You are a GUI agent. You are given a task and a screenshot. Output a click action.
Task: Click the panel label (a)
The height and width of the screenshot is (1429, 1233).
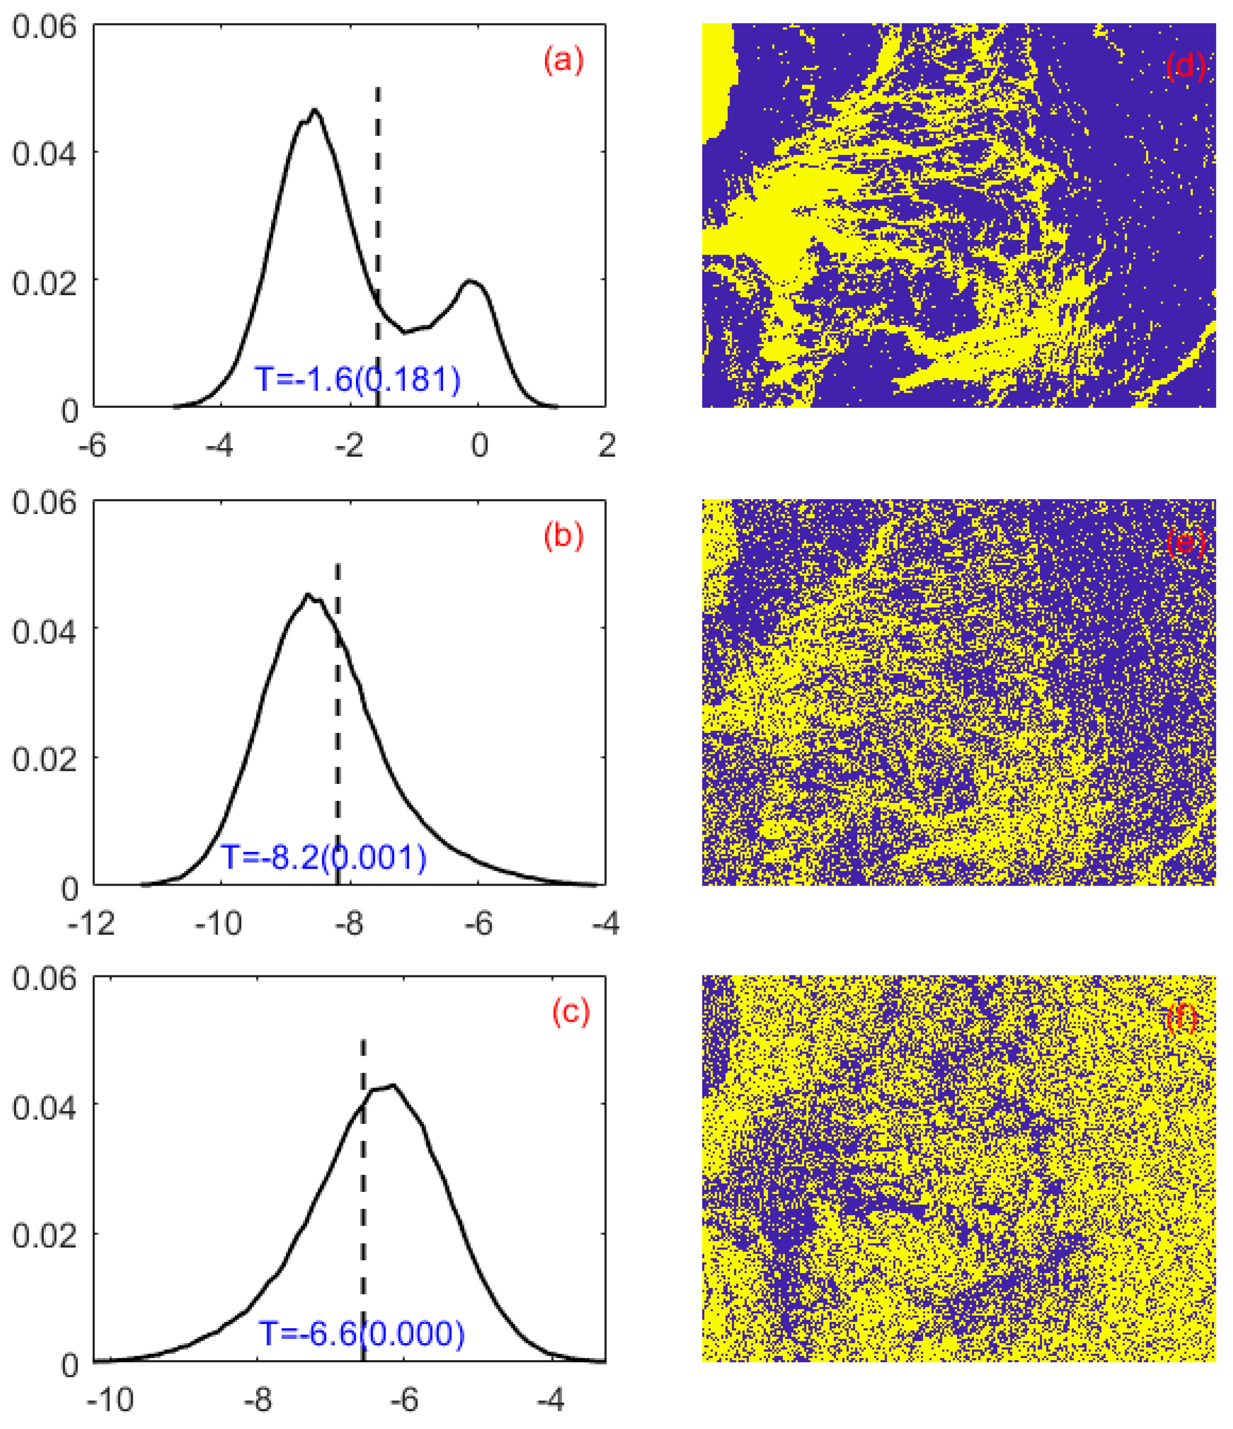point(563,61)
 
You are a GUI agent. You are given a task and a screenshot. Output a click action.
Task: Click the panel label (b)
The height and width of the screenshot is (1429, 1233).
point(563,536)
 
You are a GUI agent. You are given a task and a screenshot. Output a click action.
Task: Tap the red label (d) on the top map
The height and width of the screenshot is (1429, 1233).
point(1184,66)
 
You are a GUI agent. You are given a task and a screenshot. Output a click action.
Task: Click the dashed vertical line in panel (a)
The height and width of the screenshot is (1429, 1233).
point(377,207)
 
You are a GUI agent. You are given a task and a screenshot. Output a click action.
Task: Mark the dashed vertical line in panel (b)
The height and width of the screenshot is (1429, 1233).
point(337,690)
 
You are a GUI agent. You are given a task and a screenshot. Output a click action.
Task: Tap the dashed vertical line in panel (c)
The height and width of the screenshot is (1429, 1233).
point(363,1172)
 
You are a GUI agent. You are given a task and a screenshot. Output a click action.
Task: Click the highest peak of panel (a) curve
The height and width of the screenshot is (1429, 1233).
point(314,110)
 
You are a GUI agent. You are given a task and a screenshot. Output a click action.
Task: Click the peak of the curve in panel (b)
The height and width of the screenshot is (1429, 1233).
point(308,595)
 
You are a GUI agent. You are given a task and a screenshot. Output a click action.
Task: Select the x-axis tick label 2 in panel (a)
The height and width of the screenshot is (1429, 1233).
point(606,446)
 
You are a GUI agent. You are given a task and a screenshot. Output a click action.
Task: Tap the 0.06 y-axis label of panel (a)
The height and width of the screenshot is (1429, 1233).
point(43,28)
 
